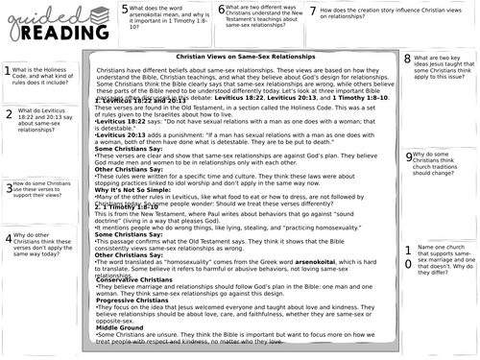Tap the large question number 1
pos(8,71)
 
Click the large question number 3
pos(9,189)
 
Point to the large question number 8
pos(407,60)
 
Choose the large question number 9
pos(408,155)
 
